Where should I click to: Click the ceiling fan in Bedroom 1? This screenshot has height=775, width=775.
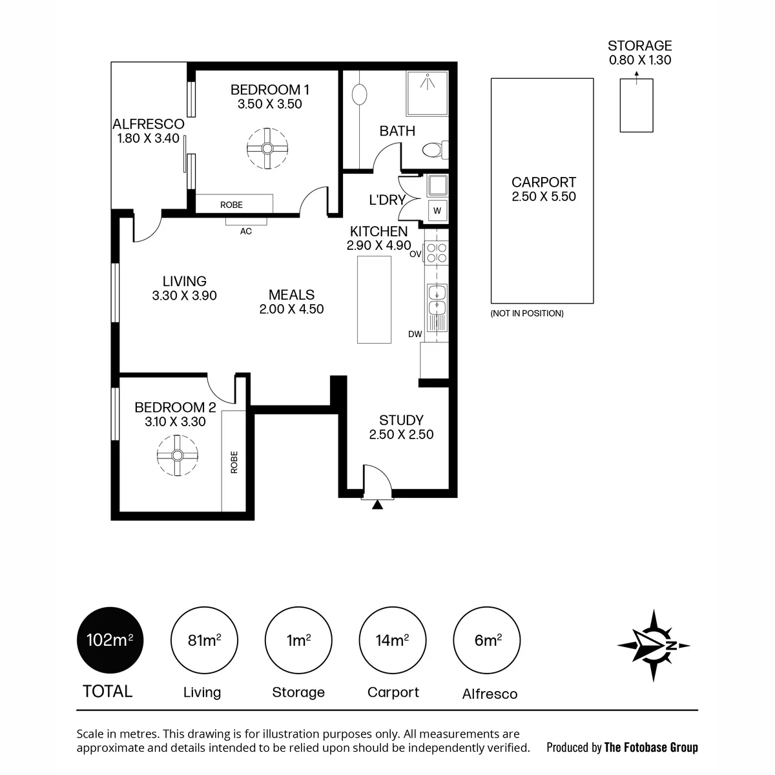[x=267, y=149]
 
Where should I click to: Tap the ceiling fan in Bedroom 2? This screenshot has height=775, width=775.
[x=178, y=455]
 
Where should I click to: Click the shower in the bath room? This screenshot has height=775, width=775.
[x=427, y=93]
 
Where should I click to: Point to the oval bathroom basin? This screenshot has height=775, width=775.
[x=359, y=95]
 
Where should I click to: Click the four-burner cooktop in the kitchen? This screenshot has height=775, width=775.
[x=437, y=253]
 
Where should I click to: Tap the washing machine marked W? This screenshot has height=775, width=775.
[x=438, y=211]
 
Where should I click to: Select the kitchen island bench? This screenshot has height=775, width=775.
[x=374, y=300]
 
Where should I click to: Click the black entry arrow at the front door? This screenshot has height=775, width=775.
[x=377, y=504]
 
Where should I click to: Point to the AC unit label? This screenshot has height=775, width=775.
[x=245, y=231]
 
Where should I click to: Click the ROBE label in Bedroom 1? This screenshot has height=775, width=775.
[x=231, y=205]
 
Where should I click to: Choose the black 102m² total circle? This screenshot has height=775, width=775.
[x=110, y=640]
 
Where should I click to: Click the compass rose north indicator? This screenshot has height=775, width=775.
[x=654, y=645]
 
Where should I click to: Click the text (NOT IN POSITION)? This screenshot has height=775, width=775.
[x=527, y=313]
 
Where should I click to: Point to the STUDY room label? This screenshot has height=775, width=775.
[x=401, y=420]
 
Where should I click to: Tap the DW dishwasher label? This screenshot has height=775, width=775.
[x=415, y=334]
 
